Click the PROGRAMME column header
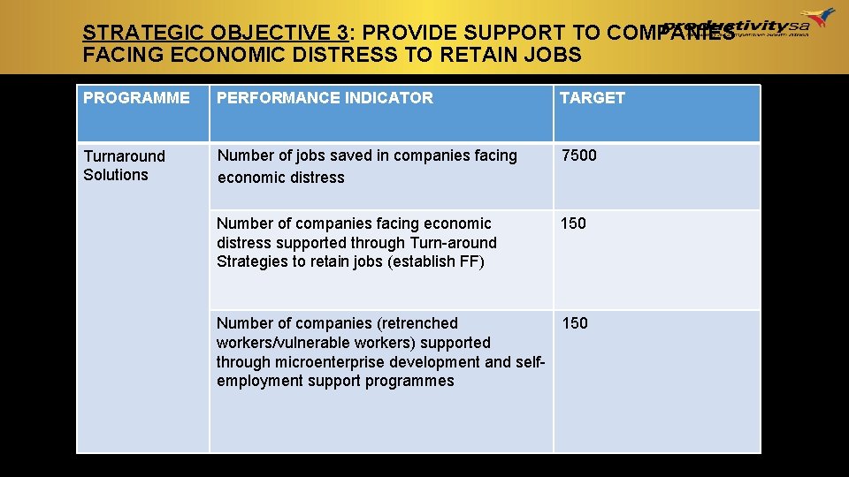tap(136, 98)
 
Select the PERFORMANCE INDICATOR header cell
tap(325, 98)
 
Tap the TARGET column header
tap(593, 98)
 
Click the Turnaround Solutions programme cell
tap(124, 165)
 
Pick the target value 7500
tap(579, 155)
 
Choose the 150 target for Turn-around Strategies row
tap(573, 223)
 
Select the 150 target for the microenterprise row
tap(575, 323)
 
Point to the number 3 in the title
tap(342, 33)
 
